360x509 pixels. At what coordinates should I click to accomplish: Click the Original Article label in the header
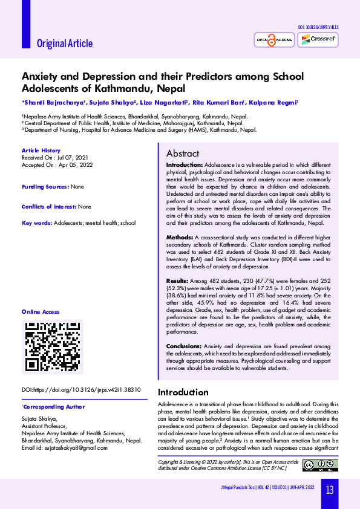65,43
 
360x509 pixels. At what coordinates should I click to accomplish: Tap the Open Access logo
274,40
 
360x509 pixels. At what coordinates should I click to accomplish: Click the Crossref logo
319,39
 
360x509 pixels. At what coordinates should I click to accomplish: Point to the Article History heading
41,151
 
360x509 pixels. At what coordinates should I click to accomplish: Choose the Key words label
37,223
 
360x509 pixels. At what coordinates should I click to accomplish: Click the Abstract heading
183,154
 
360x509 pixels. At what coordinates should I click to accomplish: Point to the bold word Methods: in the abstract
180,238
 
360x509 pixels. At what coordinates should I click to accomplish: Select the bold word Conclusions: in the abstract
184,346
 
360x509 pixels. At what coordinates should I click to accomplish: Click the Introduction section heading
183,392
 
